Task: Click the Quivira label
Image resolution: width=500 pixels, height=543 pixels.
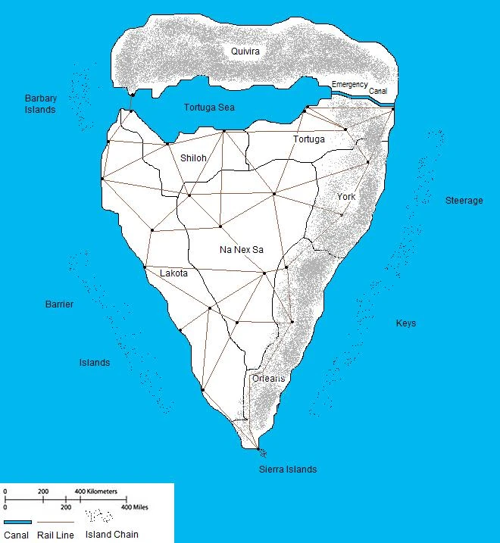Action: click(245, 51)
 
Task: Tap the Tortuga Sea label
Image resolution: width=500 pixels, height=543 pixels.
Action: click(209, 108)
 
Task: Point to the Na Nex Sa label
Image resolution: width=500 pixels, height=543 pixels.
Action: click(242, 249)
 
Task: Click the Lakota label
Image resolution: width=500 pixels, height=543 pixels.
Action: click(173, 273)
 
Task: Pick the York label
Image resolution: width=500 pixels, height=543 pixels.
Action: click(346, 196)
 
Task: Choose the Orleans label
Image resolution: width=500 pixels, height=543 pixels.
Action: click(269, 378)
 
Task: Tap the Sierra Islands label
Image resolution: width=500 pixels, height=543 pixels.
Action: click(288, 470)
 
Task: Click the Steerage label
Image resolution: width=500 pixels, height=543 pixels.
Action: click(464, 201)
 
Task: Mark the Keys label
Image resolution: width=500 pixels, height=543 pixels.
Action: click(406, 323)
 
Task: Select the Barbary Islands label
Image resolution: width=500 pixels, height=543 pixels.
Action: click(40, 104)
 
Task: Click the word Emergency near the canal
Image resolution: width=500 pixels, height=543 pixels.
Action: click(349, 85)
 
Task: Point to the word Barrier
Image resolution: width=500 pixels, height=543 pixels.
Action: click(59, 304)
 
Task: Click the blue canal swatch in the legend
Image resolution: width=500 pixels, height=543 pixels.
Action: click(17, 523)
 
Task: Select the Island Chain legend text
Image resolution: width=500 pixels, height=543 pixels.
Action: click(112, 535)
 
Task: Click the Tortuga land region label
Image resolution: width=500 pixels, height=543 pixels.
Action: click(308, 139)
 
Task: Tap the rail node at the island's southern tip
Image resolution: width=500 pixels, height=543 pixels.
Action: click(259, 451)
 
